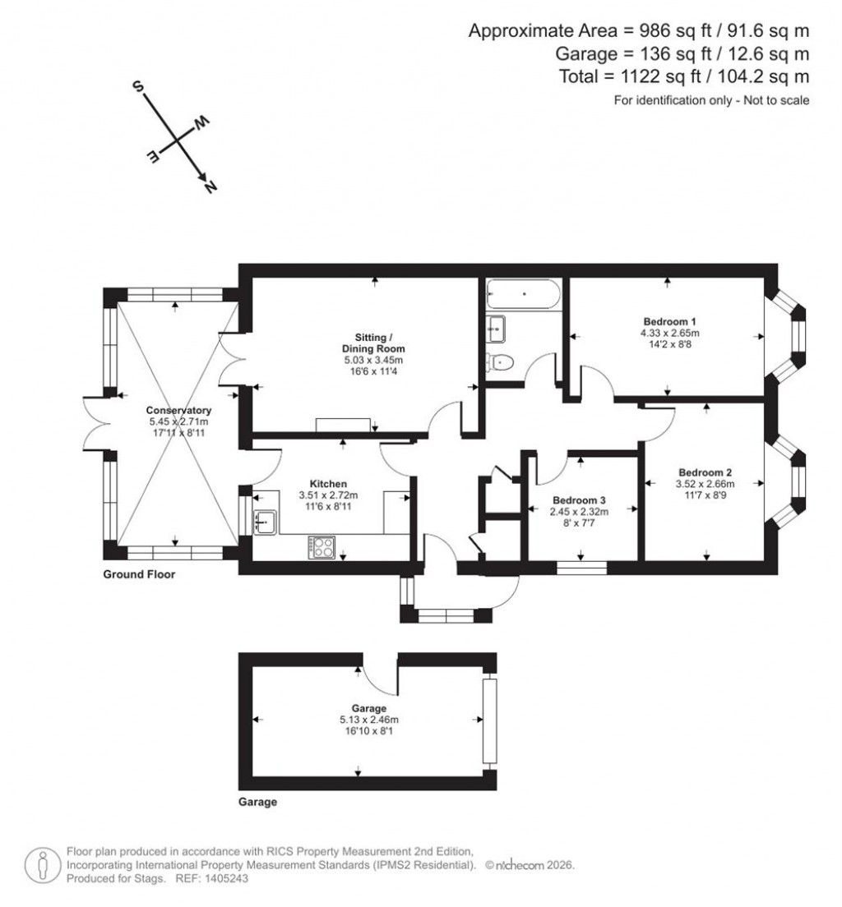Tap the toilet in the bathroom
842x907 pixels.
pyautogui.click(x=500, y=361)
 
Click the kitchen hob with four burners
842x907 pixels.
pyautogui.click(x=321, y=547)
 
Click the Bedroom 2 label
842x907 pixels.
pyautogui.click(x=705, y=472)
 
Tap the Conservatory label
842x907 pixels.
pyautogui.click(x=178, y=410)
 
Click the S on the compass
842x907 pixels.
pyautogui.click(x=138, y=88)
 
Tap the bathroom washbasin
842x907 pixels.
pyautogui.click(x=495, y=329)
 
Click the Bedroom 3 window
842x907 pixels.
pyautogui.click(x=581, y=566)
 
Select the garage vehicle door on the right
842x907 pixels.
pyautogui.click(x=490, y=721)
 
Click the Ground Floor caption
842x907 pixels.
pyautogui.click(x=138, y=575)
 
